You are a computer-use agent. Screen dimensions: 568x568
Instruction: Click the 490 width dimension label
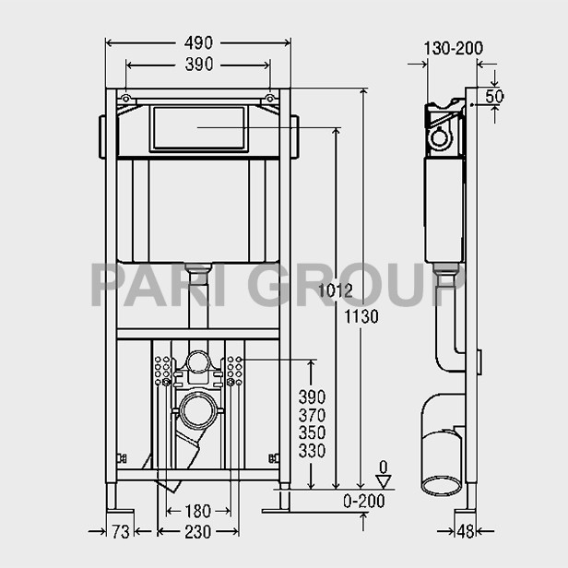[198, 43]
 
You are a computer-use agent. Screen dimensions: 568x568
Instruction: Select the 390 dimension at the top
[199, 65]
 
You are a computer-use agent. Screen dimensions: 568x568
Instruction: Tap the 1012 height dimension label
[335, 290]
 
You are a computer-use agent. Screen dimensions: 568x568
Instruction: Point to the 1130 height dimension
[361, 316]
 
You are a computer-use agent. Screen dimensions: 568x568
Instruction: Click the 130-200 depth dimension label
[453, 49]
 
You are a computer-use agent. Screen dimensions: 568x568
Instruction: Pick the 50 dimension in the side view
[494, 96]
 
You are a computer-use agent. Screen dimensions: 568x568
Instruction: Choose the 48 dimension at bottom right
[466, 532]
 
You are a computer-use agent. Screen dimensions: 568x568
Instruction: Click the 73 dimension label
[120, 532]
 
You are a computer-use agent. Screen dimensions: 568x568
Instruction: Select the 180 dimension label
[197, 512]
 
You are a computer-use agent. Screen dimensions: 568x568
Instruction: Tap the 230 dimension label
[197, 532]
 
